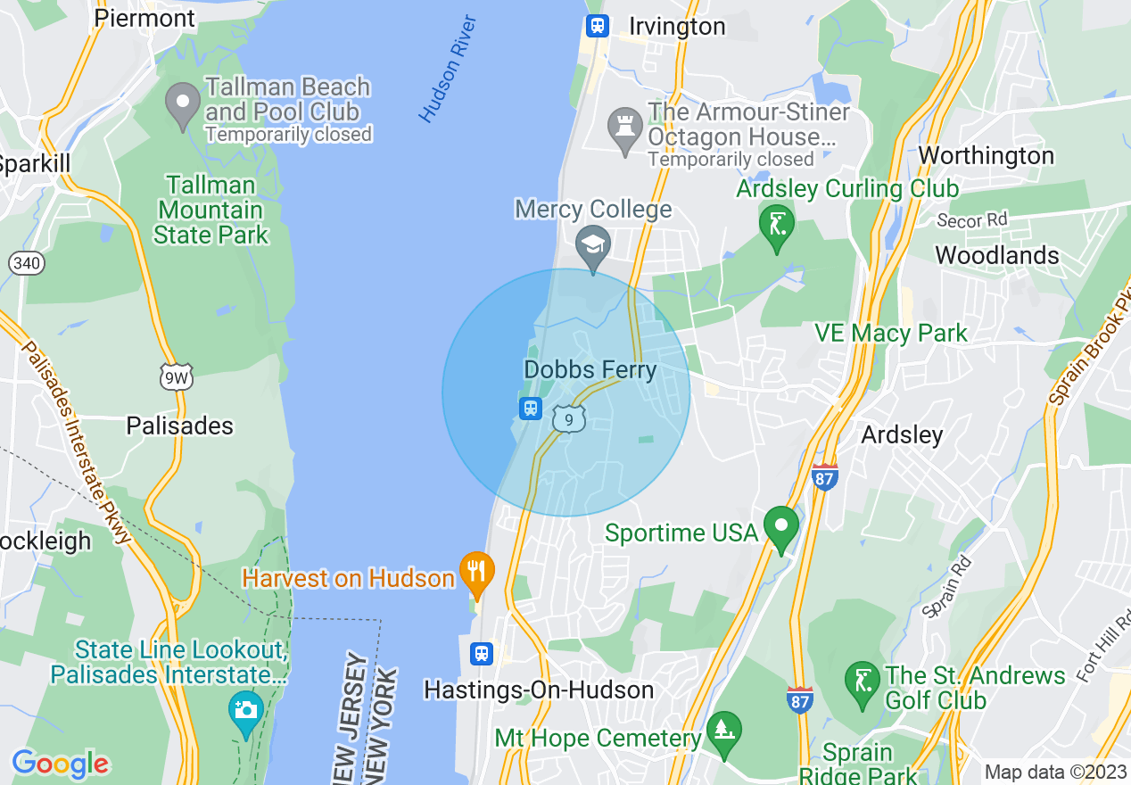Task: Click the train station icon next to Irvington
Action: click(597, 26)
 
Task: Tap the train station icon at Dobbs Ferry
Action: click(531, 409)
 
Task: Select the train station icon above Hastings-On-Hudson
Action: click(482, 654)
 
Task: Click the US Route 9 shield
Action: click(568, 418)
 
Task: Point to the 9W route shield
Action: click(175, 378)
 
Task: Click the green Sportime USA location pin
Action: click(781, 527)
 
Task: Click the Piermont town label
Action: click(144, 18)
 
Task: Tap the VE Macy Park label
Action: click(890, 334)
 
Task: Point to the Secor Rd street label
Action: click(971, 220)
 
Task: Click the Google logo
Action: click(60, 764)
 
